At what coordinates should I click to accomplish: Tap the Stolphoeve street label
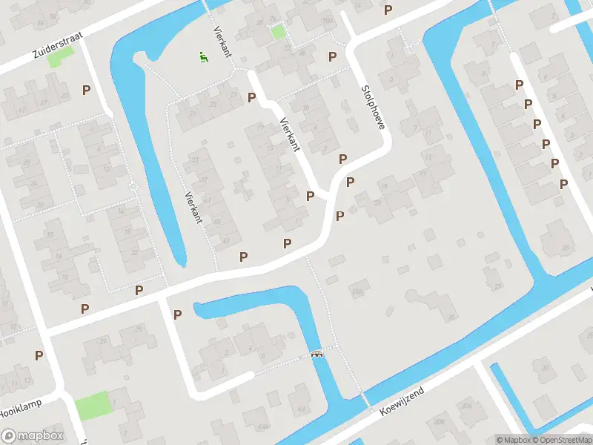click(x=373, y=107)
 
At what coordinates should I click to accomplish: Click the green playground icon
click(x=202, y=56)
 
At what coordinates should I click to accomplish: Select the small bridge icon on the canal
click(x=318, y=354)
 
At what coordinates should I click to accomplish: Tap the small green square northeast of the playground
click(x=278, y=32)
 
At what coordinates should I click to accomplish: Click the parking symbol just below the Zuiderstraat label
click(x=87, y=90)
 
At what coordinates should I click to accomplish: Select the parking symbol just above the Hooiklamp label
click(x=39, y=355)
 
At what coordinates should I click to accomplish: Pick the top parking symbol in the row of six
click(x=519, y=85)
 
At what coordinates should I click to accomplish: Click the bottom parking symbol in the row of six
click(x=563, y=183)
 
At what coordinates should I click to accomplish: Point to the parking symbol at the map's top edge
click(x=388, y=10)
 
